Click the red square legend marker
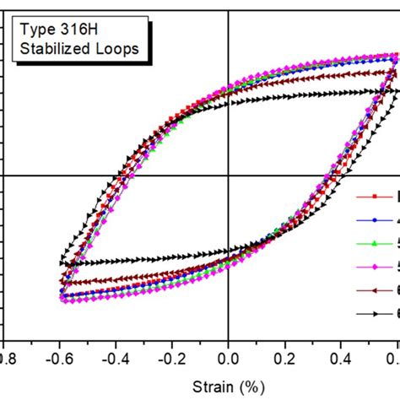375,197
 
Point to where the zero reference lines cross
229,176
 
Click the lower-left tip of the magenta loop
62,298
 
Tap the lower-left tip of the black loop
62,263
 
